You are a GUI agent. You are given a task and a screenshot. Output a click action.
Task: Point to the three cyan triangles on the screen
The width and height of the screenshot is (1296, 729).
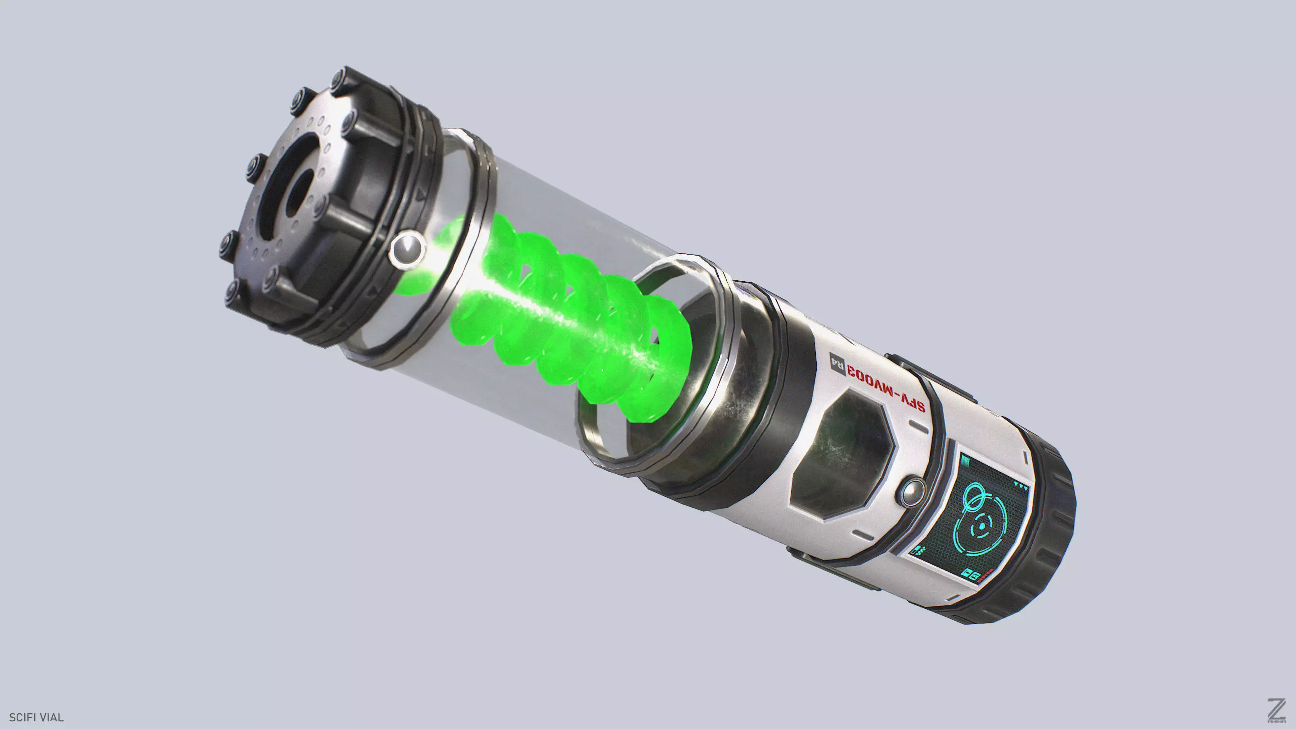(x=1021, y=486)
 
